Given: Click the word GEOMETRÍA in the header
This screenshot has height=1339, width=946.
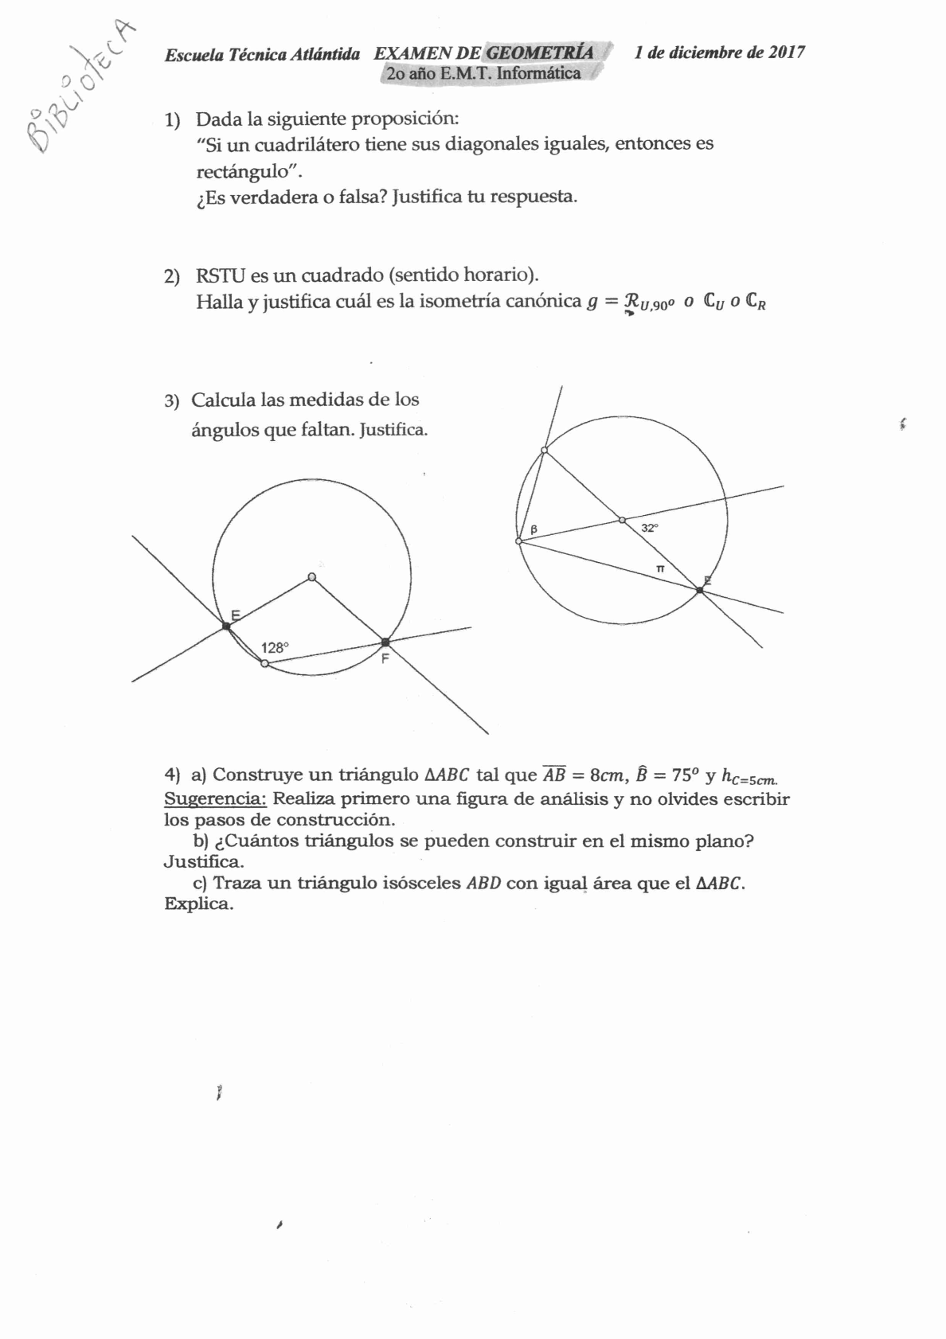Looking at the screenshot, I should tap(539, 53).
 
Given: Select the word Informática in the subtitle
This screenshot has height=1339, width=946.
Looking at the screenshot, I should tap(538, 73).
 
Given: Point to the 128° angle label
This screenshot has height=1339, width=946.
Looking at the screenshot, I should tap(274, 648).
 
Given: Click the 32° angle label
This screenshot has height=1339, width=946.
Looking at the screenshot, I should tap(650, 528).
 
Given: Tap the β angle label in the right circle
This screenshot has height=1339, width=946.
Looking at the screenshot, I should tap(534, 529).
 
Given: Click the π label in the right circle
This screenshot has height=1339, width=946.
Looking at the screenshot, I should tap(659, 568).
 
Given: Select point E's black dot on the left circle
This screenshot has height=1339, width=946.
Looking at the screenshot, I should tap(226, 627).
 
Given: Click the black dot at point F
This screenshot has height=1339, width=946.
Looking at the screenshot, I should tap(385, 642).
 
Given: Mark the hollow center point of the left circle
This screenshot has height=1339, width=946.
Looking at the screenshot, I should tap(311, 577).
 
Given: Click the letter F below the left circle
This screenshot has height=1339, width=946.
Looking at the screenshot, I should tap(385, 659).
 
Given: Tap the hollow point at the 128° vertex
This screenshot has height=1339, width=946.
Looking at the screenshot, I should tap(265, 663).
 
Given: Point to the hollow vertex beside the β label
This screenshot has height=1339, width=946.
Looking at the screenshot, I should tap(519, 541).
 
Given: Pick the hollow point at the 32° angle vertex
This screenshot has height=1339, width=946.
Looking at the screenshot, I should tap(623, 521).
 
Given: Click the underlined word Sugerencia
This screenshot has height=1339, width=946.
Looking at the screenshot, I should tap(215, 798).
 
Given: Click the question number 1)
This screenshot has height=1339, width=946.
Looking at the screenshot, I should tap(173, 120).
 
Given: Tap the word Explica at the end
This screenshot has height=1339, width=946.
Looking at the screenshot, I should tap(198, 904).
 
